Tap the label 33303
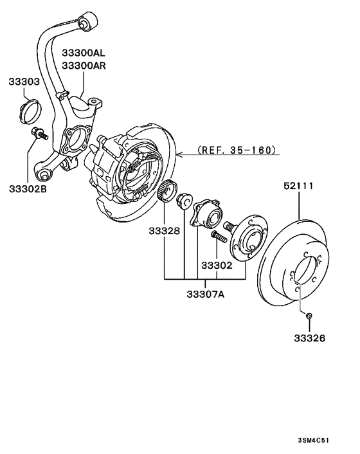point(24,82)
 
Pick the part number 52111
point(298,186)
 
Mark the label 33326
point(309,338)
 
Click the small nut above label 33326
point(309,315)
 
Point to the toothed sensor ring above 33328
point(168,192)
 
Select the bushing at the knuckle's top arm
point(87,21)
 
